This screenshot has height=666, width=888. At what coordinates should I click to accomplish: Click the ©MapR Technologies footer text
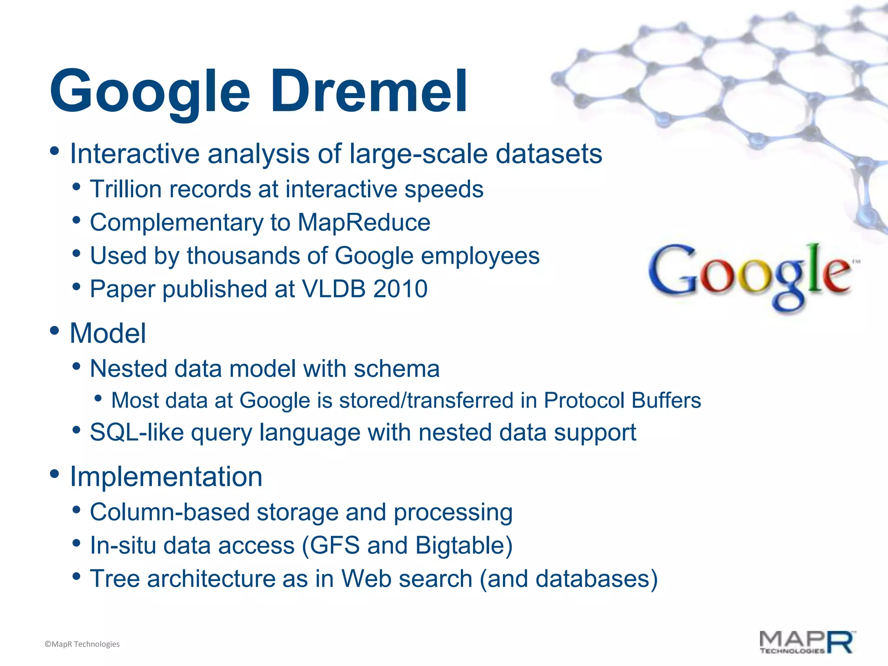[82, 644]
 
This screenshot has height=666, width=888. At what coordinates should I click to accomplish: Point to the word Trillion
[126, 189]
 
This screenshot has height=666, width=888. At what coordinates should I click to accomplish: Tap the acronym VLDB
[333, 289]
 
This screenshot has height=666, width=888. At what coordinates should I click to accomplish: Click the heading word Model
[108, 333]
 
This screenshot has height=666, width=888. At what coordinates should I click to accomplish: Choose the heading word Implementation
[166, 477]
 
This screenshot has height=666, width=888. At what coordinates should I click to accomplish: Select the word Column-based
[170, 512]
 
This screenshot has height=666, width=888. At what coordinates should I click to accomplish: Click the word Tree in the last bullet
[114, 579]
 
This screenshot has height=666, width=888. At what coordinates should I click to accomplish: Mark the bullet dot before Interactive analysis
[55, 151]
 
